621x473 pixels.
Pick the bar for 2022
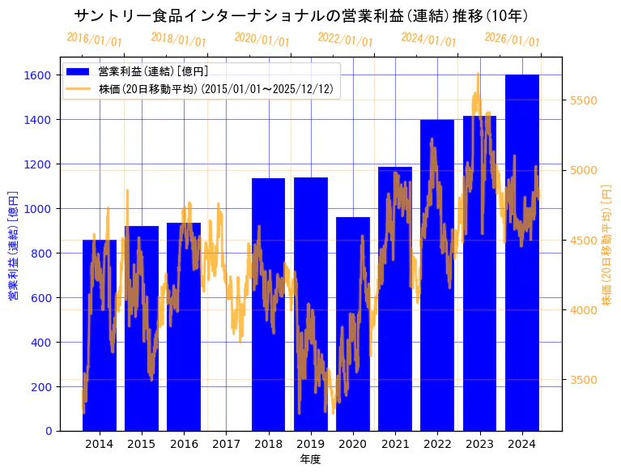pos(437,275)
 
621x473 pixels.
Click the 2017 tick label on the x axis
pos(226,444)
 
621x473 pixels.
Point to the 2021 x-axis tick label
pos(395,444)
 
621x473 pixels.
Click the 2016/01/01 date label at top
pos(94,39)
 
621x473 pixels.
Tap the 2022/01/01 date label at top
pos(345,39)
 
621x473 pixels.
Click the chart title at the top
pos(301,15)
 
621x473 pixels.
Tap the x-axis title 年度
pos(310,459)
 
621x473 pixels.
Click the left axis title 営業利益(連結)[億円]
pos(12,245)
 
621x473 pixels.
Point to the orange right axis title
pos(607,245)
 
